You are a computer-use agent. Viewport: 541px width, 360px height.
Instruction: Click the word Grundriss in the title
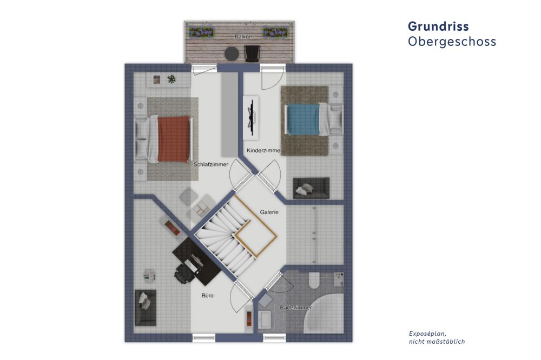click(x=438, y=26)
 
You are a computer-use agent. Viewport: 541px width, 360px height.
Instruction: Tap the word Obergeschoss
click(x=452, y=42)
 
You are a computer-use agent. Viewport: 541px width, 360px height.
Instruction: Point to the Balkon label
click(x=243, y=36)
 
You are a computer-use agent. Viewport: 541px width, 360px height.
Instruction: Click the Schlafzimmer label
click(x=211, y=164)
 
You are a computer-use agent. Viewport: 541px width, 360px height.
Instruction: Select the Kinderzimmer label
click(x=264, y=151)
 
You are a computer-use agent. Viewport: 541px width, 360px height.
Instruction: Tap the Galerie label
click(x=269, y=212)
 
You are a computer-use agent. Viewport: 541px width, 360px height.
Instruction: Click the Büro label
click(x=208, y=296)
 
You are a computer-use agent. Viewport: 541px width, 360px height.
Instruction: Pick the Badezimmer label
click(x=296, y=308)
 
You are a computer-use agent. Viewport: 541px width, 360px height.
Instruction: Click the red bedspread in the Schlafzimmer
click(x=174, y=139)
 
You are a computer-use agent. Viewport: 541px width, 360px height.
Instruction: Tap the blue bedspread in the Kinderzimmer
click(x=304, y=119)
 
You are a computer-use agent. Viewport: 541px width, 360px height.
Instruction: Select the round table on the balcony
click(x=232, y=54)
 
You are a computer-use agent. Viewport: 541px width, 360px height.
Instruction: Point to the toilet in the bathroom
click(x=314, y=281)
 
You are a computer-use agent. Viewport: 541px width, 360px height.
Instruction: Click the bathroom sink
click(x=265, y=320)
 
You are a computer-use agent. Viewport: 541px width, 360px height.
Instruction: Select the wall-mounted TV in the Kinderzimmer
click(x=252, y=118)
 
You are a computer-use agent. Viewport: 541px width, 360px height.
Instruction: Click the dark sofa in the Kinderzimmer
click(x=311, y=188)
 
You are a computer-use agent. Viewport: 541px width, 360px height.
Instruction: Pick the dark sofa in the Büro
click(x=145, y=308)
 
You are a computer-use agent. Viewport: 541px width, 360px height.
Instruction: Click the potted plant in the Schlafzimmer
click(x=171, y=79)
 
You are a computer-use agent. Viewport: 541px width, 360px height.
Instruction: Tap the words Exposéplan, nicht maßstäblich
click(x=437, y=338)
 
